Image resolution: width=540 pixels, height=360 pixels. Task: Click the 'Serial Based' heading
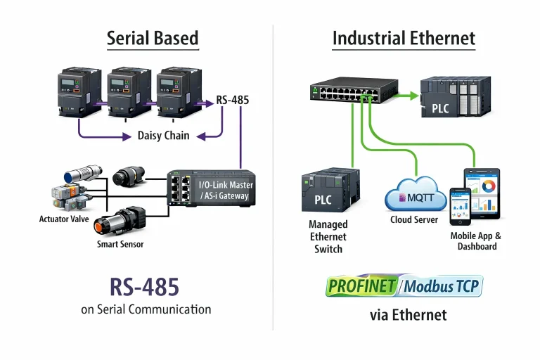pos(153,38)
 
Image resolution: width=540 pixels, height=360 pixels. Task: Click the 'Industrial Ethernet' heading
pos(404,38)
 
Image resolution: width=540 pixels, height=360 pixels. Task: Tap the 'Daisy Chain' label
pos(163,135)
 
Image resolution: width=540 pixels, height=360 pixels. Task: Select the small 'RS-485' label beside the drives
pos(232,100)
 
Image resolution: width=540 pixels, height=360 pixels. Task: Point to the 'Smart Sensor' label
pos(121,244)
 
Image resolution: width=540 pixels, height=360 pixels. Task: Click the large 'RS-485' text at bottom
pos(144,286)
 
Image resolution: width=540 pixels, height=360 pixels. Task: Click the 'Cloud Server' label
pos(414,220)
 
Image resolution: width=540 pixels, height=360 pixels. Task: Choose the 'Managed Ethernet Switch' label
pos(328,236)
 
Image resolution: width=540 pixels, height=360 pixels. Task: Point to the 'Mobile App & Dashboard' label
pos(476,241)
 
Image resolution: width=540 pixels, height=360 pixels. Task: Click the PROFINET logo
pos(361,287)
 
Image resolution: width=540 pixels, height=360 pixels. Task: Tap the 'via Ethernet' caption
pos(408,315)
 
